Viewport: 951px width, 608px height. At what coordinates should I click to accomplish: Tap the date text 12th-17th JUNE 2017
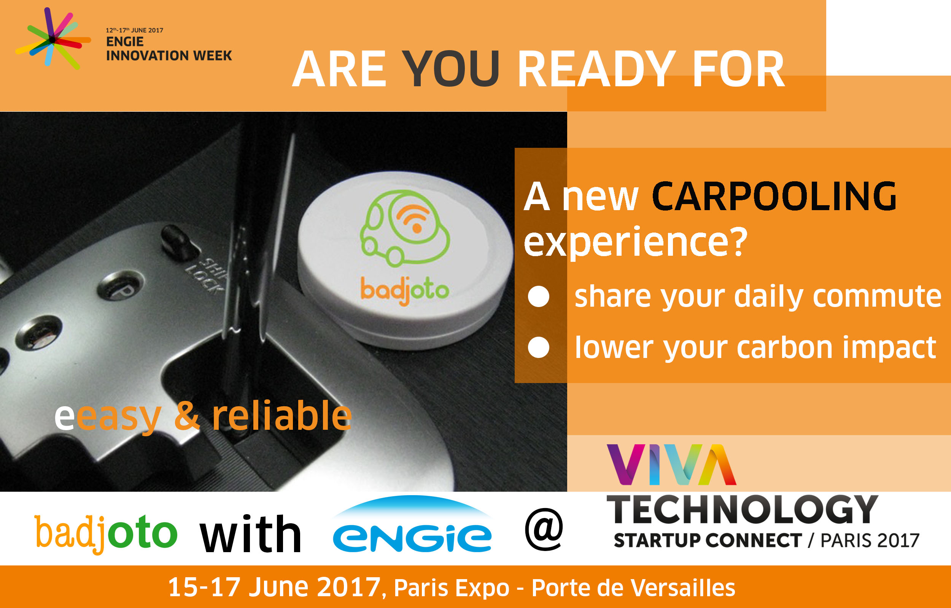pos(134,30)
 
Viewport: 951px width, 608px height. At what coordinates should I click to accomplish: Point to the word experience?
pos(635,242)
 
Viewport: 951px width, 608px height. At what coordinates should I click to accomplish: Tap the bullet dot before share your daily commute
pos(539,296)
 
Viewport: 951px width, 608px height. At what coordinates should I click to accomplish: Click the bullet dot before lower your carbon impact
pos(539,347)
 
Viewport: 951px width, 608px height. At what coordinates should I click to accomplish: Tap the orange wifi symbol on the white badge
pos(413,218)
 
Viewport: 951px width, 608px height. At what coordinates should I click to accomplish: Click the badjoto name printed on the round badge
pos(404,291)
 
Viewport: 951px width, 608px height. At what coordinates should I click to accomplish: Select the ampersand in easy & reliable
pos(187,415)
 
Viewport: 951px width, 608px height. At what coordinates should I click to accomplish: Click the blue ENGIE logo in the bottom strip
pos(412,524)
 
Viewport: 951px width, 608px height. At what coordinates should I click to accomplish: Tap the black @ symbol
pos(544,529)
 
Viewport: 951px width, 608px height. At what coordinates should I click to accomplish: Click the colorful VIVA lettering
pos(671,465)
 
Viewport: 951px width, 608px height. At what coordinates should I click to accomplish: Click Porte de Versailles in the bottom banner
pos(633,588)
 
